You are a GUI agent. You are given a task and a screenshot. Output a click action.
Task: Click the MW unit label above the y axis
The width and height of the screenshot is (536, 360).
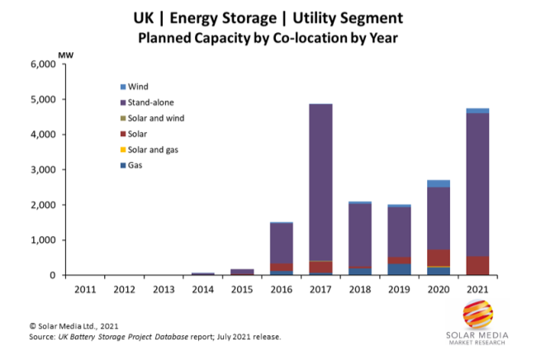(64, 56)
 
